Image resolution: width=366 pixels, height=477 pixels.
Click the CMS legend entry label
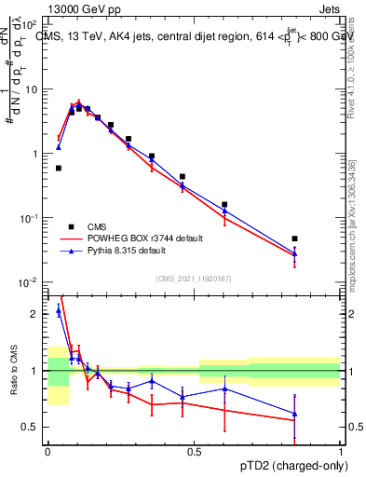[96, 226]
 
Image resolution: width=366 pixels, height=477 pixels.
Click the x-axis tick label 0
[47, 450]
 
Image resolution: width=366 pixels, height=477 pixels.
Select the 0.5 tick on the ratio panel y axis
[33, 428]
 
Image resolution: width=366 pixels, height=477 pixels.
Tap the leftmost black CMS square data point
[59, 168]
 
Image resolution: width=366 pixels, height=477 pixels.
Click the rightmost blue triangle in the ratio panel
[294, 414]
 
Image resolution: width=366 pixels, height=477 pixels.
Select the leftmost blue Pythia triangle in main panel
[59, 147]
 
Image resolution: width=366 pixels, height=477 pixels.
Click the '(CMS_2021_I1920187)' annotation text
[194, 278]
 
